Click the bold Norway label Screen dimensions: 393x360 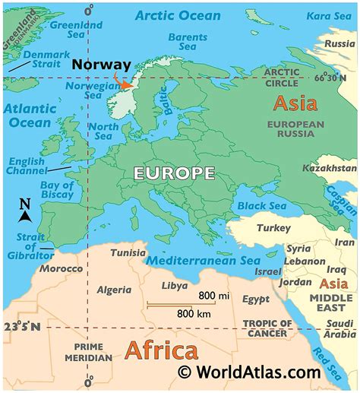pos(101,65)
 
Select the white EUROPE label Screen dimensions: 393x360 pos(174,173)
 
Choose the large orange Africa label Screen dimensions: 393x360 pos(160,350)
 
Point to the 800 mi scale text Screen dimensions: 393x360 pos(213,295)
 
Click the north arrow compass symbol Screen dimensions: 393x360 pos(24,212)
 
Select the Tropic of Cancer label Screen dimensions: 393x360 pos(266,328)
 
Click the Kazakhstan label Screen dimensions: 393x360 pos(329,167)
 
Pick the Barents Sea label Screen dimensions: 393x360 pos(187,42)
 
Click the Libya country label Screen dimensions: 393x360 pos(175,286)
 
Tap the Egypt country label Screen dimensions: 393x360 pos(255,300)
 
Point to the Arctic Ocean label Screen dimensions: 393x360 pos(179,15)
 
